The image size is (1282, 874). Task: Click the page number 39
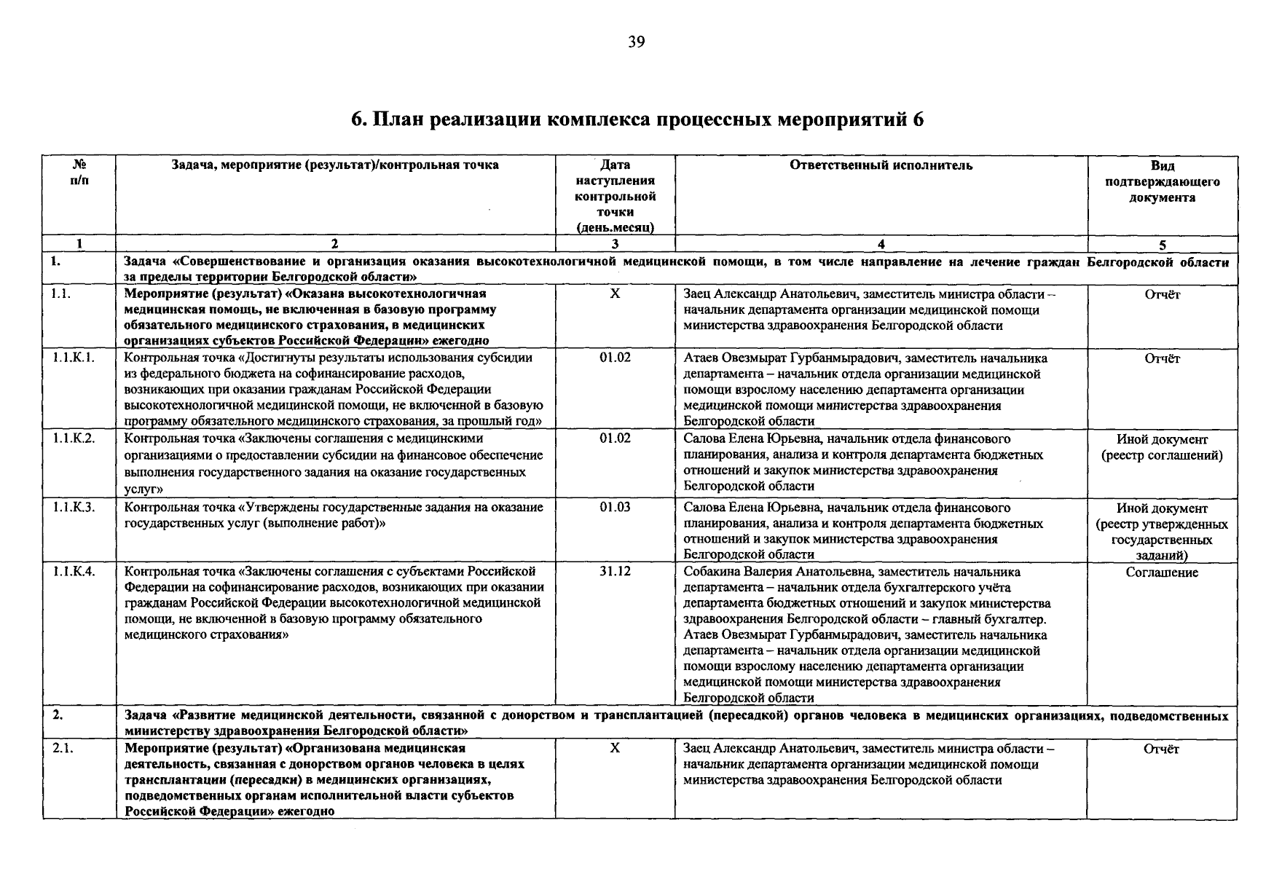point(636,42)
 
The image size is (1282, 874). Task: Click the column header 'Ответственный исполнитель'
point(881,165)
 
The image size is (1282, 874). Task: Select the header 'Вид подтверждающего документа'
point(1162,181)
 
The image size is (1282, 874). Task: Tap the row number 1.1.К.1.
point(73,358)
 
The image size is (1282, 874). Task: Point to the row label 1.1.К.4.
point(73,572)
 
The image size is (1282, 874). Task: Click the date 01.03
point(615,508)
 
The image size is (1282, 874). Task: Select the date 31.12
point(615,572)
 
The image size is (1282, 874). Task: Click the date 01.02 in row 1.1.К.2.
point(615,438)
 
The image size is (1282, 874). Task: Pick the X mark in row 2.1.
point(615,749)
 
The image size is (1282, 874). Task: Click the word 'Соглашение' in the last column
point(1162,572)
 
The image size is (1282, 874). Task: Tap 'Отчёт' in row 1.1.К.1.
point(1162,358)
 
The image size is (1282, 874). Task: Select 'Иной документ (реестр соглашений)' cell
point(1162,448)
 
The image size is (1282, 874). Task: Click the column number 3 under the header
point(615,245)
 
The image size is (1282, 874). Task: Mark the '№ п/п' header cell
point(79,173)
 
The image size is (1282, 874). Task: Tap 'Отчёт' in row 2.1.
point(1162,749)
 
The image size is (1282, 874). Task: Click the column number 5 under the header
point(1162,245)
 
